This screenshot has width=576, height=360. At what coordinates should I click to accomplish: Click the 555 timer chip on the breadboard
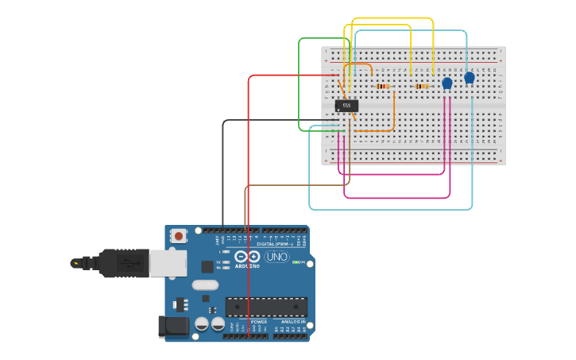click(x=346, y=105)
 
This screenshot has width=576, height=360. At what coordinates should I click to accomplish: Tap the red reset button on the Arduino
click(x=180, y=235)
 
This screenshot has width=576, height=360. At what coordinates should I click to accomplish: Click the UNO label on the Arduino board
click(x=276, y=257)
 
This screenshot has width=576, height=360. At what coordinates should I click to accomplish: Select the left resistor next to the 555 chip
click(x=383, y=86)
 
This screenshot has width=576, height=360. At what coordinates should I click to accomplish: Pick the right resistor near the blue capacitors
click(x=422, y=86)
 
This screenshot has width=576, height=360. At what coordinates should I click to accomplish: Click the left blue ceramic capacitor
click(x=446, y=83)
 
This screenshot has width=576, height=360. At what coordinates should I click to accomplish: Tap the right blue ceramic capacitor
click(x=469, y=77)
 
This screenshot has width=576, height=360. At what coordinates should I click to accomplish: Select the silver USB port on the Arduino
click(x=168, y=263)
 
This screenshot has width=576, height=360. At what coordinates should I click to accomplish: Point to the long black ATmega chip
click(x=266, y=307)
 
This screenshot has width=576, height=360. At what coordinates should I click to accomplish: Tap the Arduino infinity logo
click(x=247, y=257)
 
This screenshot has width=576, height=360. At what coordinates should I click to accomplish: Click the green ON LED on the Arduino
click(x=296, y=262)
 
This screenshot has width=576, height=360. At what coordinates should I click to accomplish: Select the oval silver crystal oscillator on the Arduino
click(x=204, y=285)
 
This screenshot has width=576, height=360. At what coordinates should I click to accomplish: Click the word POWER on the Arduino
click(x=259, y=322)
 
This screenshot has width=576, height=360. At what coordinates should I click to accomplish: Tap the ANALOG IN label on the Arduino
click(x=292, y=322)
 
